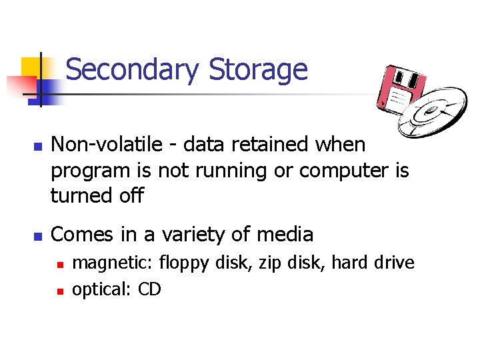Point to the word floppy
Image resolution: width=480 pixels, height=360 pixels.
coord(183,263)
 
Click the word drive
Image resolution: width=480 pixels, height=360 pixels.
coord(393,263)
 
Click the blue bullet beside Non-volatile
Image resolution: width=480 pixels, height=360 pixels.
coord(37,145)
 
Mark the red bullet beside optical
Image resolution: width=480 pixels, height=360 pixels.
coord(59,291)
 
